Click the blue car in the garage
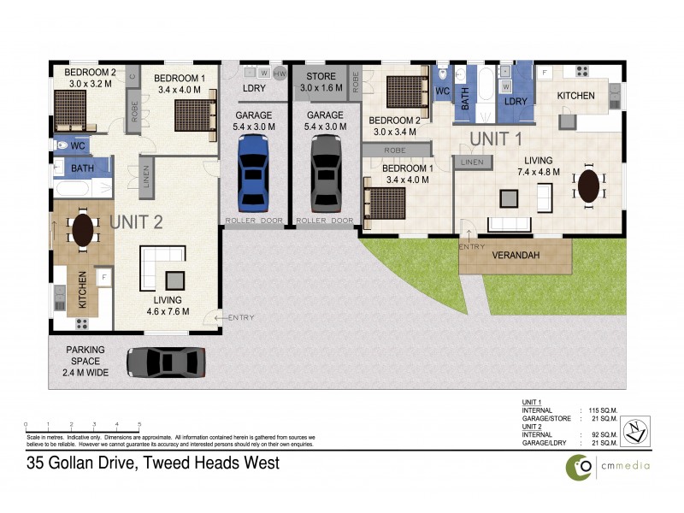coord(255,174)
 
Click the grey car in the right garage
coord(326,174)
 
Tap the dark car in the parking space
coord(166,362)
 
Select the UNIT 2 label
coord(136,223)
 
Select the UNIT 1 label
coord(496,139)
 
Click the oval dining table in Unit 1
coord(589,186)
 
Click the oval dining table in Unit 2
coord(83,230)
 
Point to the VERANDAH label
coord(515,256)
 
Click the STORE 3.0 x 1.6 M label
coord(321,82)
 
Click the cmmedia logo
coord(607,465)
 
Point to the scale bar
coord(82,425)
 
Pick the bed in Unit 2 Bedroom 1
coord(195,115)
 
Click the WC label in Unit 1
coord(442,91)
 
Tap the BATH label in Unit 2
coord(82,168)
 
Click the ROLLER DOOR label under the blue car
coord(254,221)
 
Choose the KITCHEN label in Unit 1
coord(575,96)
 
